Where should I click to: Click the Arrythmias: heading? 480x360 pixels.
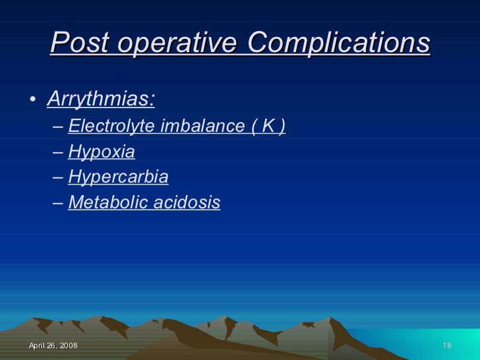[102, 100]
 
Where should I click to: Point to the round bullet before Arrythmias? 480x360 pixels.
[32, 101]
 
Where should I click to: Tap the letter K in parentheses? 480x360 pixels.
[268, 126]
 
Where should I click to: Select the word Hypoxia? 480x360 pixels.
[102, 152]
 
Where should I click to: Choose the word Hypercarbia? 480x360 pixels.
[118, 177]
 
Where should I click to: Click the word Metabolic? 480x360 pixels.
[107, 202]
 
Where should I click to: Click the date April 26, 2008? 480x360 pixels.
[53, 346]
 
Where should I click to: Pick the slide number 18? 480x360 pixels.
[446, 346]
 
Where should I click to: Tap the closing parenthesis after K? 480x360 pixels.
[282, 126]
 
